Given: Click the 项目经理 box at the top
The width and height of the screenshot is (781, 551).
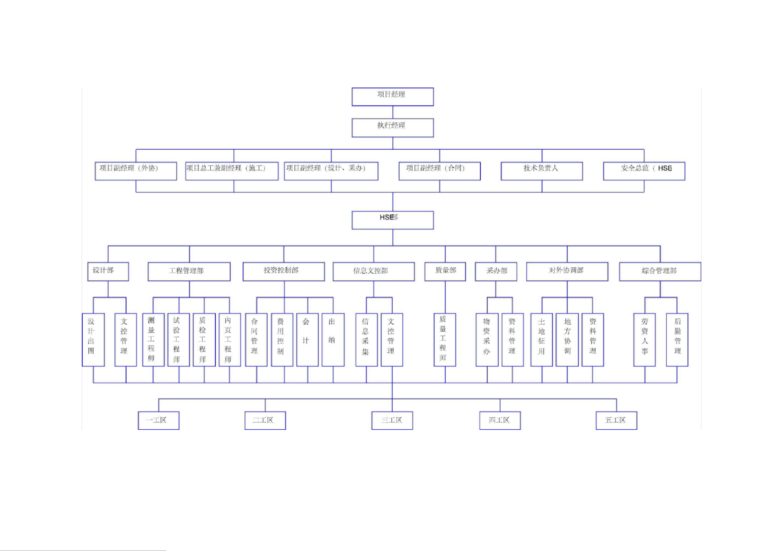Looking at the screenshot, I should point(393,97).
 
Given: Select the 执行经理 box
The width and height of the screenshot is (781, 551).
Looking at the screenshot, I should point(393,128).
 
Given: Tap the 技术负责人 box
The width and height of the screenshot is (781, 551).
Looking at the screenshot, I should point(542,171).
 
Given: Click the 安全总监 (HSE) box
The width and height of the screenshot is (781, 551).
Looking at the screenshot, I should point(644,171).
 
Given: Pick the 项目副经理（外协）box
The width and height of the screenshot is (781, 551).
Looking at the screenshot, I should point(136,171).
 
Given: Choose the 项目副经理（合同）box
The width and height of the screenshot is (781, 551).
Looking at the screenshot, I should point(440,171).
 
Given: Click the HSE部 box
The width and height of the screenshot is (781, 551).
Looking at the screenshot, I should point(393,220).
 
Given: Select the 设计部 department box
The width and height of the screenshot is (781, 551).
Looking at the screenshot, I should point(108,271).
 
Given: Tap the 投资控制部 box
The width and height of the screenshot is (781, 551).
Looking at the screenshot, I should point(284,271).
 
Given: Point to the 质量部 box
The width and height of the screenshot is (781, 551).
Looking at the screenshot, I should point(445,271).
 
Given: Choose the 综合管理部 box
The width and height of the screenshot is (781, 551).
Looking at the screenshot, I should point(660,271).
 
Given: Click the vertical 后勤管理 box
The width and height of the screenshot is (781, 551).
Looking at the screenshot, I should point(677,340).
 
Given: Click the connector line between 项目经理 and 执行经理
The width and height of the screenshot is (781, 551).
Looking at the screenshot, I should point(393,112).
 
